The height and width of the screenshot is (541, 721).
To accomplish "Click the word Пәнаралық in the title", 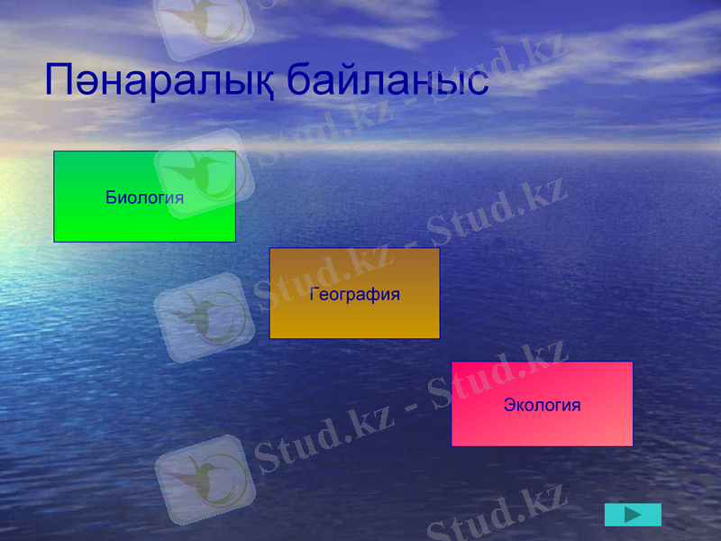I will coord(158,80).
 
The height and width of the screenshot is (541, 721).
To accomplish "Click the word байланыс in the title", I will coord(387,80).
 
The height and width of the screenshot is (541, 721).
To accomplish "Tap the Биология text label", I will coord(144,197).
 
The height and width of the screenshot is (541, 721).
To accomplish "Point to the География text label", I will coord(354,294).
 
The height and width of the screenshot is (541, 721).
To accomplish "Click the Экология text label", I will coord(542,405).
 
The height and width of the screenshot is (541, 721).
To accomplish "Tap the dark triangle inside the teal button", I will coord(634,515).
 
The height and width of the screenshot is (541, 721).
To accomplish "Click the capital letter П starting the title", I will coord(61,80).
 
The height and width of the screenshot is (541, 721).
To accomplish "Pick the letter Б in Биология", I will coord(111,197).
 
